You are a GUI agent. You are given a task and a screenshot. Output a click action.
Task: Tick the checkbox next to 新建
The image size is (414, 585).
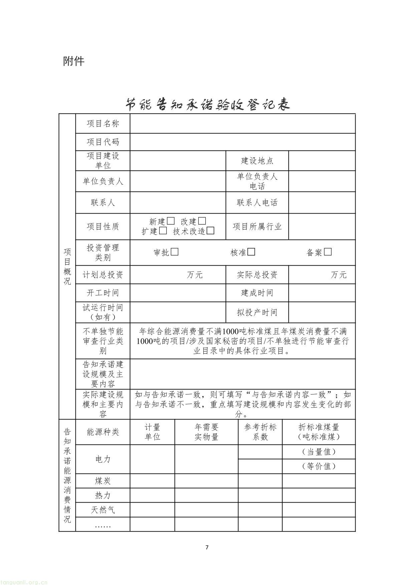pyautogui.click(x=171, y=221)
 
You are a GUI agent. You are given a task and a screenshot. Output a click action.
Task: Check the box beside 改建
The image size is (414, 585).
pyautogui.click(x=202, y=221)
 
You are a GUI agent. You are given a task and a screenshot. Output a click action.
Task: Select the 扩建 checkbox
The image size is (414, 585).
pyautogui.click(x=163, y=231)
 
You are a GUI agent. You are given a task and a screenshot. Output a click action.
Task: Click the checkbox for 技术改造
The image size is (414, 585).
pyautogui.click(x=210, y=231)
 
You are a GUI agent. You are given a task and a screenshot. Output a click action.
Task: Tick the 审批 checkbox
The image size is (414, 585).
pyautogui.click(x=175, y=252)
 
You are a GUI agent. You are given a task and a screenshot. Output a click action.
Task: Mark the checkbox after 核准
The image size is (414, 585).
pyautogui.click(x=251, y=252)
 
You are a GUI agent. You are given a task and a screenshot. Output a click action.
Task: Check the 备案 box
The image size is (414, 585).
pyautogui.click(x=328, y=252)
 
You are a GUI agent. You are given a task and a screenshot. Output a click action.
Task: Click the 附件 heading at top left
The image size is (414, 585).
pyautogui.click(x=74, y=61)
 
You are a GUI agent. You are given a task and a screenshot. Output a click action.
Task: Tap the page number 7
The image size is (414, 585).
pyautogui.click(x=207, y=547)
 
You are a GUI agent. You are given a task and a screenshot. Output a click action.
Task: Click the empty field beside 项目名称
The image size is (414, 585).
pyautogui.click(x=242, y=123)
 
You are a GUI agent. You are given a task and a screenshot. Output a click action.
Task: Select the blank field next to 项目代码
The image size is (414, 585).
pyautogui.click(x=242, y=142)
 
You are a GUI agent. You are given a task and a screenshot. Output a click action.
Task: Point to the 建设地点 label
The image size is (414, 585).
pyautogui.click(x=257, y=161)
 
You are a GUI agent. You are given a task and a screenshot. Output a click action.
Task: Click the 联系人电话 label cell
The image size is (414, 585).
pyautogui.click(x=257, y=203)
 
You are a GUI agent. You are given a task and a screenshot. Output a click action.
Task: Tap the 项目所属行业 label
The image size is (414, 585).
pyautogui.click(x=257, y=227)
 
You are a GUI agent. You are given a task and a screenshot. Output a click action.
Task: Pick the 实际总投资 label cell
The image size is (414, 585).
pyautogui.click(x=257, y=275)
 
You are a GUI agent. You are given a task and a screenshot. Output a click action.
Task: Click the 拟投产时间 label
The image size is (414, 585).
pyautogui.click(x=257, y=312)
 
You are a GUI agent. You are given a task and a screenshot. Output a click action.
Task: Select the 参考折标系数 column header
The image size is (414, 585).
pyautogui.click(x=260, y=432)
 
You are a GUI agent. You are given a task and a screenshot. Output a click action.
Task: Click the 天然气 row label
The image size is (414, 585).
pyautogui.click(x=103, y=510)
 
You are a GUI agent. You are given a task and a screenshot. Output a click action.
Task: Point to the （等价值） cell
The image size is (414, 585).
pyautogui.click(x=319, y=466)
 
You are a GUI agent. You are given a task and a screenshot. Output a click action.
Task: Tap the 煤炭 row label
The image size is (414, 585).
pyautogui.click(x=103, y=481)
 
